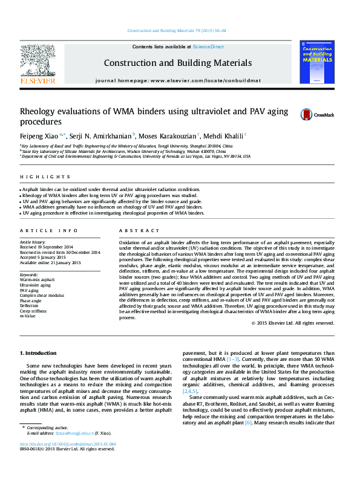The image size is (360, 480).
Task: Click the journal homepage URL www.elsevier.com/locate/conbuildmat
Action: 206,80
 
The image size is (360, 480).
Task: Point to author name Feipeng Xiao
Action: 39,135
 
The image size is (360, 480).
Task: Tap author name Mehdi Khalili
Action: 223,135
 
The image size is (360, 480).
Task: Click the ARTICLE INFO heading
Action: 49,231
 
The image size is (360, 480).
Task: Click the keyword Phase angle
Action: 31,300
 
